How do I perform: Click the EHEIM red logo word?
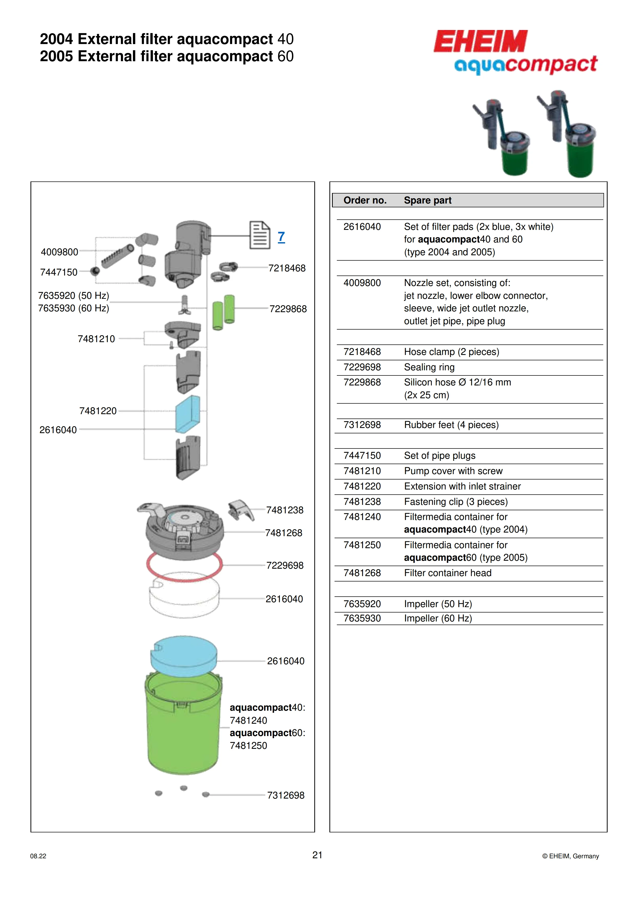click(480, 42)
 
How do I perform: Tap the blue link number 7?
click(281, 237)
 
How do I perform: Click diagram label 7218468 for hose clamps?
click(287, 268)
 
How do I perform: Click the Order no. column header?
click(365, 200)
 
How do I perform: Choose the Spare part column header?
click(427, 200)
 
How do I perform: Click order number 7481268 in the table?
click(362, 573)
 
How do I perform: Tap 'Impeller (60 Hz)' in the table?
click(438, 618)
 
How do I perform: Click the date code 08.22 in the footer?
click(38, 856)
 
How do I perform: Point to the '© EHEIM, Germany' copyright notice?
click(570, 856)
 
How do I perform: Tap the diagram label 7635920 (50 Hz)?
click(74, 296)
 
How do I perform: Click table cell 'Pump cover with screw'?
click(453, 471)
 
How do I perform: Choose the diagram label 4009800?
click(59, 252)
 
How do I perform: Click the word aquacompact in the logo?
click(526, 65)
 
